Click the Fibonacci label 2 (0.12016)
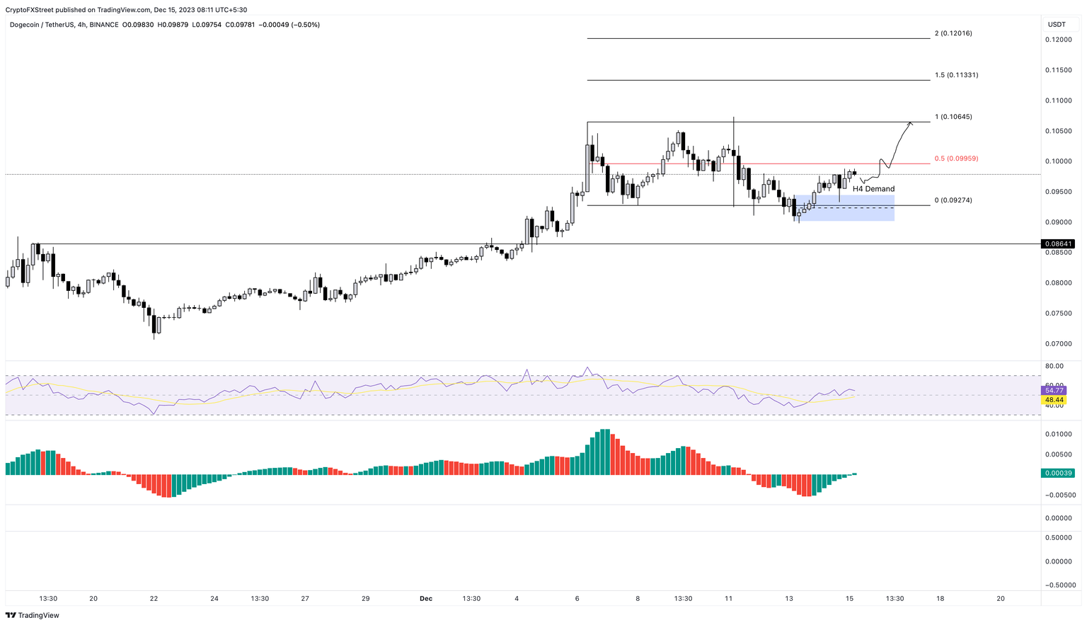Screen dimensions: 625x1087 pos(953,33)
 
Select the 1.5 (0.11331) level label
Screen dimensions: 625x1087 pos(956,75)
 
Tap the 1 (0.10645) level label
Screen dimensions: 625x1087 pos(953,117)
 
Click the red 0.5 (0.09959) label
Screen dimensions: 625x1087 pos(956,159)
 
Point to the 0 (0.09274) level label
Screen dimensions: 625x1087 pos(953,200)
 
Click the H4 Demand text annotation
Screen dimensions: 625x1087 pos(873,189)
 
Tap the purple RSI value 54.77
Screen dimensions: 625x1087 pos(1054,391)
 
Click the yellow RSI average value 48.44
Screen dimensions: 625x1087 pos(1054,400)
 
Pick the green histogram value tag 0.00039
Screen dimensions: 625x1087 pos(1057,473)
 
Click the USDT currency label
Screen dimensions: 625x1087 pos(1057,25)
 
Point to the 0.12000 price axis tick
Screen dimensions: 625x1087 pos(1057,40)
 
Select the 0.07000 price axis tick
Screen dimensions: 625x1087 pos(1057,344)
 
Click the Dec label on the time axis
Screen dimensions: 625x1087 pos(425,599)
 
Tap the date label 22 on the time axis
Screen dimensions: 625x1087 pos(154,599)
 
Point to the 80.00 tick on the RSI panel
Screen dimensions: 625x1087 pos(1054,366)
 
